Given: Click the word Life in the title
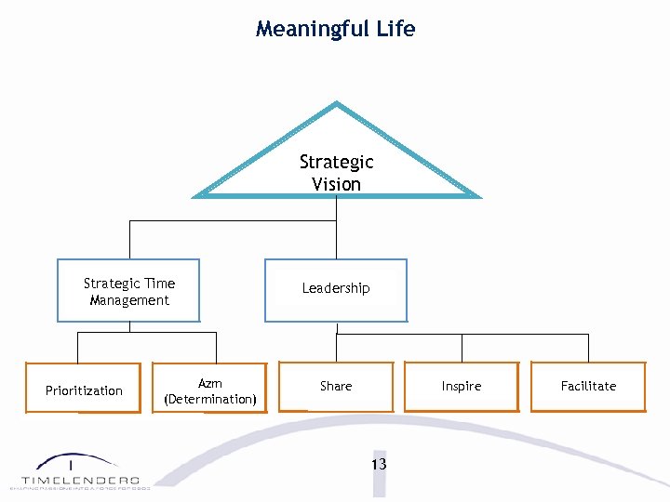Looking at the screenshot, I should (x=395, y=29).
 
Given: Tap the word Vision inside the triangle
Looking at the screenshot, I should (x=336, y=184).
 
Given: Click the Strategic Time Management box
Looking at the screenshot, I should (x=128, y=291).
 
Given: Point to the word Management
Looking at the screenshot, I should (x=129, y=300).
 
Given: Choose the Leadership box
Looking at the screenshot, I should (x=336, y=289).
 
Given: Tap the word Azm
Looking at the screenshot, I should (x=210, y=383).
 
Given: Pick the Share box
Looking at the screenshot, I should (x=336, y=386).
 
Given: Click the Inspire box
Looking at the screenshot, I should (x=462, y=386).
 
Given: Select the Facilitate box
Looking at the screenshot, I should (x=588, y=386).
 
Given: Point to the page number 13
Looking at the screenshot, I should (x=378, y=464).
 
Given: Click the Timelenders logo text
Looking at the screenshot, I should (x=81, y=480).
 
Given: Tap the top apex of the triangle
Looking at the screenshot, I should (x=336, y=104).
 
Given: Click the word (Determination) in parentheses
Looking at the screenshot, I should (x=210, y=399).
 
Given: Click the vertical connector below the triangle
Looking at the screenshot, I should (x=336, y=209).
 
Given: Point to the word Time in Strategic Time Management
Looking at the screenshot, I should (x=159, y=284).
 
